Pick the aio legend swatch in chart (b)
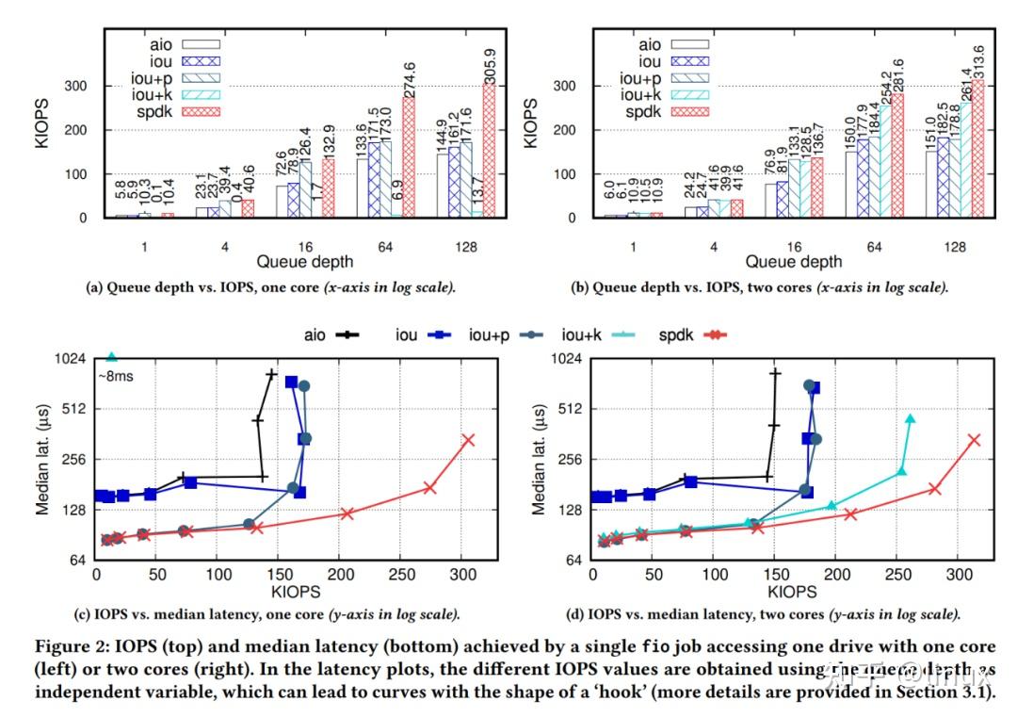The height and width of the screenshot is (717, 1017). pos(696,42)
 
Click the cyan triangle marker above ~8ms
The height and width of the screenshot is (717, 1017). pos(112,357)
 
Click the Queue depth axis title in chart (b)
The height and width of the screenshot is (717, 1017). pos(792,262)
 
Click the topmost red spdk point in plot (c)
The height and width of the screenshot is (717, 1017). pos(468,440)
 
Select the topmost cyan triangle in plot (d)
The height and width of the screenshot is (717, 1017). pos(910,419)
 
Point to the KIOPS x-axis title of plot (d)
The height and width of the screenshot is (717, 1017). pos(792,591)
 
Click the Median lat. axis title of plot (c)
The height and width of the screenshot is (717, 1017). pos(42,460)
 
